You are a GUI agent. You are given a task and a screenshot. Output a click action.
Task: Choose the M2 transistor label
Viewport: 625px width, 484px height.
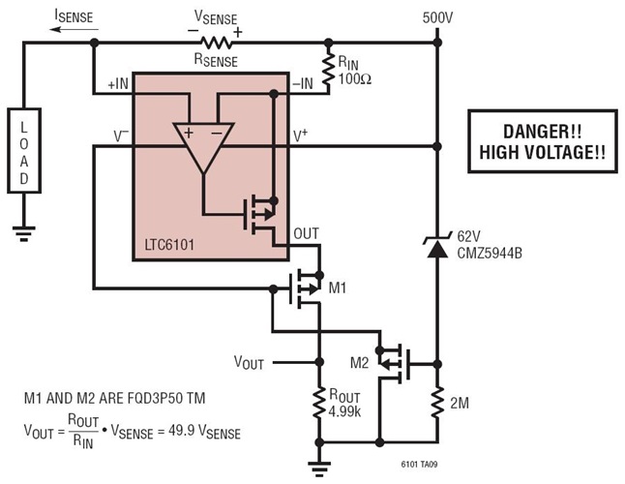pyautogui.click(x=358, y=363)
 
